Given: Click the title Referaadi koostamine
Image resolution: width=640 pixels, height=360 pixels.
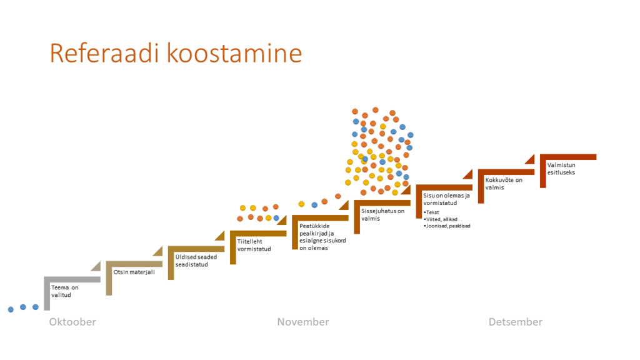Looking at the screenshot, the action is tap(176, 53).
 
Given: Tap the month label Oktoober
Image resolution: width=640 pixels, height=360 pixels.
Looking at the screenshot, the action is tap(72, 322).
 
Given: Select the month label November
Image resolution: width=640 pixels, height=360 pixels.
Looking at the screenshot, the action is tap(303, 322).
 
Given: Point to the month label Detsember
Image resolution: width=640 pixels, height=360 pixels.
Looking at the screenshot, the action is tap(516, 322).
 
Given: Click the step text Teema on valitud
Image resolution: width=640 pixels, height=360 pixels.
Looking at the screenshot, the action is tap(64, 291).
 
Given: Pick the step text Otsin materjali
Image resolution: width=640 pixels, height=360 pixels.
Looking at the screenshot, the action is tap(134, 272).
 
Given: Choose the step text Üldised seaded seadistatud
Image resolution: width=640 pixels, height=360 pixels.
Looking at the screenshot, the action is tap(196, 261).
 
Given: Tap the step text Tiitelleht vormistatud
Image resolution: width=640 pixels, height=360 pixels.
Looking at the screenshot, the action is tap(254, 245).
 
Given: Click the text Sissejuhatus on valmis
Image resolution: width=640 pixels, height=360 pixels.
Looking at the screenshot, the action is tap(382, 215).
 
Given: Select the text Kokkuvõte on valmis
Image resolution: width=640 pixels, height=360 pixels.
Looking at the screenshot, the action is tap(504, 184).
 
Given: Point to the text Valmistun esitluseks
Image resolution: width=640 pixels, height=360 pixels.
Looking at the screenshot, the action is tap(561, 169).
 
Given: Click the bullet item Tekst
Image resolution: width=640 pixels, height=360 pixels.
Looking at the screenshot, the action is tap(431, 212).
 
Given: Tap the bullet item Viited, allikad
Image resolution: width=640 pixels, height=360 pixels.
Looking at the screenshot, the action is tap(441, 219).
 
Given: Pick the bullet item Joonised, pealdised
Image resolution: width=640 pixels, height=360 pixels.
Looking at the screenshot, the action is tap(447, 226).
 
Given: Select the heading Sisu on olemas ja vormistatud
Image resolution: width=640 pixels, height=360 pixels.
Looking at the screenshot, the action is tap(446, 199).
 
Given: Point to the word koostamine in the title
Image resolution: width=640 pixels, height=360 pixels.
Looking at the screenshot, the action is tap(234, 53).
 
